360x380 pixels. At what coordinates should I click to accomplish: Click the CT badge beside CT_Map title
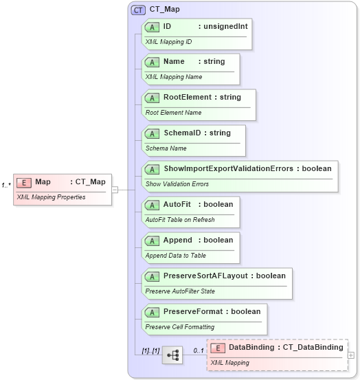pos(137,10)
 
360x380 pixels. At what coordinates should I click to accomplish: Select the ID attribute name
pos(167,26)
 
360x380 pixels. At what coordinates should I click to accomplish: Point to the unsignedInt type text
pos(225,26)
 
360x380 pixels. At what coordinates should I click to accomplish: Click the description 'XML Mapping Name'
pos(173,77)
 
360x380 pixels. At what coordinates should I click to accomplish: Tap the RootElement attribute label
pos(187,98)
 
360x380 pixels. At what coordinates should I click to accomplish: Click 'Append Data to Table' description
pos(175,256)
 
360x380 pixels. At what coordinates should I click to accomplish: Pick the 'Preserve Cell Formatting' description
pos(179,327)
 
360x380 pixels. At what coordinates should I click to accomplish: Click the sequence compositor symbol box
pos(172,355)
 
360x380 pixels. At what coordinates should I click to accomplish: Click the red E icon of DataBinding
pos(218,348)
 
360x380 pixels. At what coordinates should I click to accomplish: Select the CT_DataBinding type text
pos(313,348)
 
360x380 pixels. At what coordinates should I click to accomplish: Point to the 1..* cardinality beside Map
pos(5,185)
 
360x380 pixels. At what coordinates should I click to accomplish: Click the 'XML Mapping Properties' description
pos(51,197)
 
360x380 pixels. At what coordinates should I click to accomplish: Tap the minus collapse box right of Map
pos(115,190)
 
